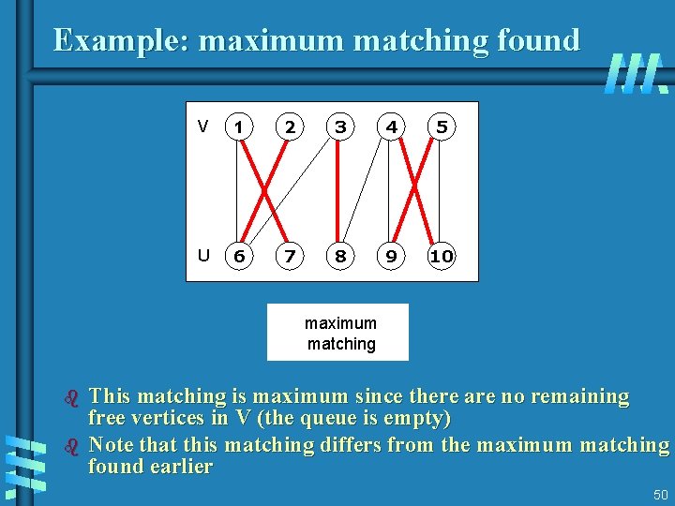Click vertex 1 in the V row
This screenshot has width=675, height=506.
coord(240,126)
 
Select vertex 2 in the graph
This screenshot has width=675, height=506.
coord(291,126)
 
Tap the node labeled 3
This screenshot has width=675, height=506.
coord(341,126)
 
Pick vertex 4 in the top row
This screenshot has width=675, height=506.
coord(392,126)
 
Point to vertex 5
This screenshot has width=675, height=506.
coord(442,126)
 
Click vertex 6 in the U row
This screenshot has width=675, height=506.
coord(240,256)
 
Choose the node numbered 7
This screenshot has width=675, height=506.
coord(291,256)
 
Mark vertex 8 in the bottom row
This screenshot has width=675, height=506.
coord(341,256)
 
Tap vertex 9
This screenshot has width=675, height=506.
coord(392,256)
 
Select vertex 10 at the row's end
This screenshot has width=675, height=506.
coord(442,256)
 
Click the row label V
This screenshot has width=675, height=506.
coord(202,126)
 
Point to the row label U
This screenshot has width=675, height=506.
coord(202,255)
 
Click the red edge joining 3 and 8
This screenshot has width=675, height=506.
coord(341,191)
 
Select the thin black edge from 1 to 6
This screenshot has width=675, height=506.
coord(236,191)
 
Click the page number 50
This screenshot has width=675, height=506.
coord(660,495)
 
